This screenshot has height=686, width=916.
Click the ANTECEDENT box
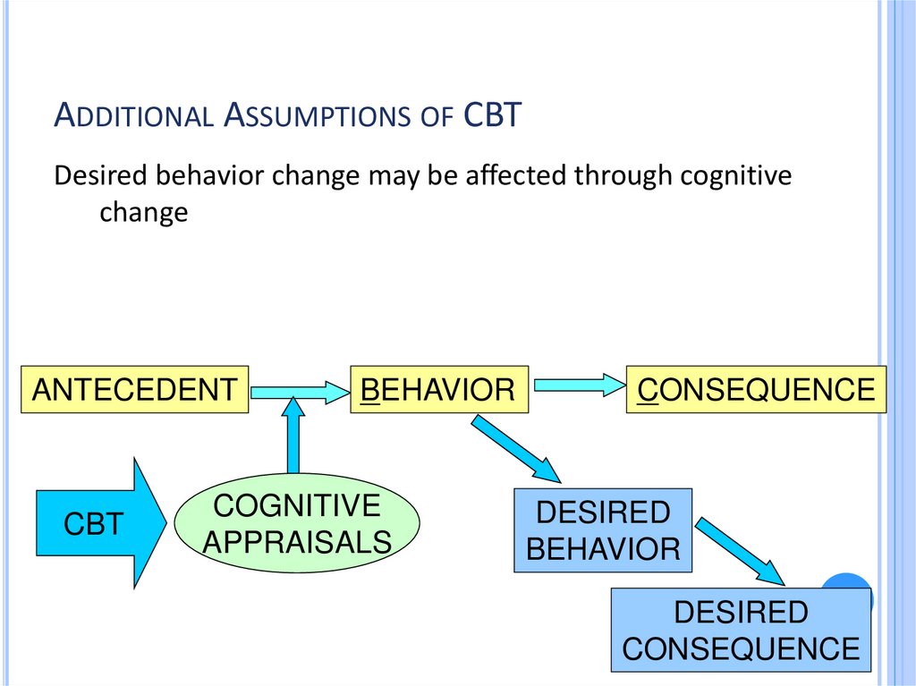(134, 389)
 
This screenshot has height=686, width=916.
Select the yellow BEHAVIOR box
(438, 389)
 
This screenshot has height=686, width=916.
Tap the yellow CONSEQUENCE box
(756, 389)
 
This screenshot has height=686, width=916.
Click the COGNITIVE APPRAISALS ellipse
(296, 523)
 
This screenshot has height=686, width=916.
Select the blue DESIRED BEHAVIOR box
(603, 529)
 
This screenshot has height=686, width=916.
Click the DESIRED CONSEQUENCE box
(741, 630)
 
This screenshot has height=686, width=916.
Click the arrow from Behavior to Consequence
(577, 385)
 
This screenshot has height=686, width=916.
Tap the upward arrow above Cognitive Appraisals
(293, 438)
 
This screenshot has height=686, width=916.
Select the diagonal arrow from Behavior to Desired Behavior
(515, 448)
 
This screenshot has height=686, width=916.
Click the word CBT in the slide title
(492, 116)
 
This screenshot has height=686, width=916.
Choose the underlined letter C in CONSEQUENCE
(646, 390)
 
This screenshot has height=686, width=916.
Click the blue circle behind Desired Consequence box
(854, 586)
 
